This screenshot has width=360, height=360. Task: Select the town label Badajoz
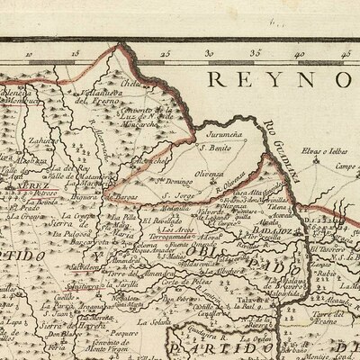pyautogui.click(x=274, y=230)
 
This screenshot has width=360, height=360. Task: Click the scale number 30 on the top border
pyautogui.click(x=209, y=53)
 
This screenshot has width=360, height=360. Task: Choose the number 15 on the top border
pyautogui.click(x=75, y=53)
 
